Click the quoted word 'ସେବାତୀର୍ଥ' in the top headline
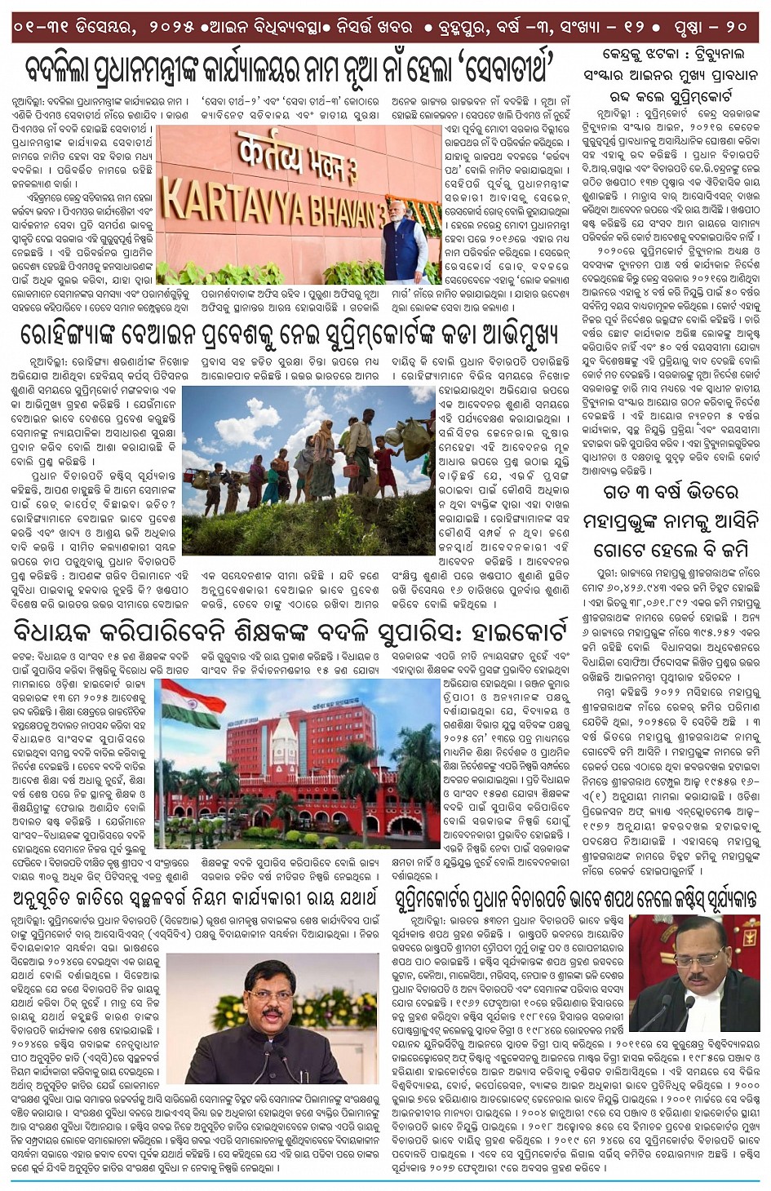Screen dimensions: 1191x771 507,67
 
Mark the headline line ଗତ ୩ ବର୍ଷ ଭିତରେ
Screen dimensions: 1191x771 670,493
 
